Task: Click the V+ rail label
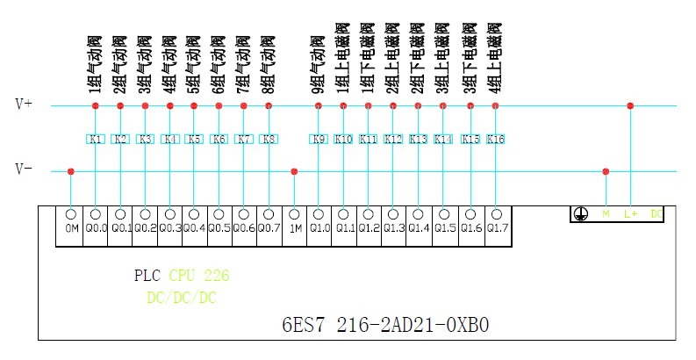pos(24,104)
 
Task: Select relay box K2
pos(120,139)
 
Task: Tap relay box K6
pos(219,139)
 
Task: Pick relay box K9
pos(319,139)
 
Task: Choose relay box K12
pos(393,139)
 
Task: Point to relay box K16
pos(496,139)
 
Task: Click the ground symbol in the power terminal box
pos(579,213)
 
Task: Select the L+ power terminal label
pos(630,213)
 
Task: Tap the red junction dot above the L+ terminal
pos(630,106)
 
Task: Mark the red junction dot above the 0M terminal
pos(71,171)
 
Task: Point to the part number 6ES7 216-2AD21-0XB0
pos(385,325)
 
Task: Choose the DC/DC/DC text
pos(181,298)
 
